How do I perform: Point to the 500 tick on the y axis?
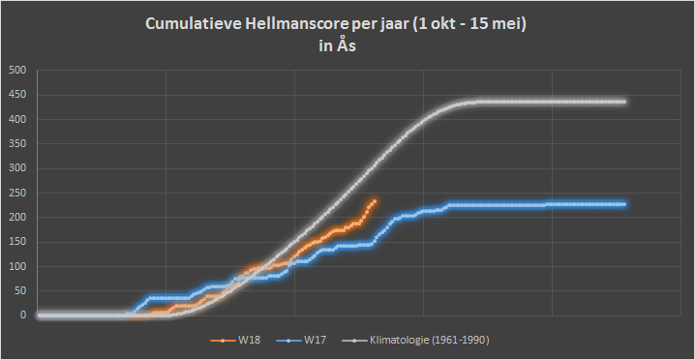coord(20,71)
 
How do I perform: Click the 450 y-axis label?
coord(20,95)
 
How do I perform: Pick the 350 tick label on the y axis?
coord(20,144)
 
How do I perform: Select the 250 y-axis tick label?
coord(20,193)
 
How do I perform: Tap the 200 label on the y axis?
coord(20,218)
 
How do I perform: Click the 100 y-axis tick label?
coord(20,266)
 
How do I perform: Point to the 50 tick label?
coord(22,291)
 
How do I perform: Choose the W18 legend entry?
coord(236,341)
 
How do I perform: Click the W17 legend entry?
coord(301,341)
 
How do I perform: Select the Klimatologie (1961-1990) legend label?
coord(416,341)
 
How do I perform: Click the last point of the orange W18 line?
coord(375,201)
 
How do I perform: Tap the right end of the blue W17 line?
coord(624,204)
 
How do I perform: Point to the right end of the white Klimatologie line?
coord(624,102)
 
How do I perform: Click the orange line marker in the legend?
coord(222,341)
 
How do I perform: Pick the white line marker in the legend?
coord(354,341)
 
